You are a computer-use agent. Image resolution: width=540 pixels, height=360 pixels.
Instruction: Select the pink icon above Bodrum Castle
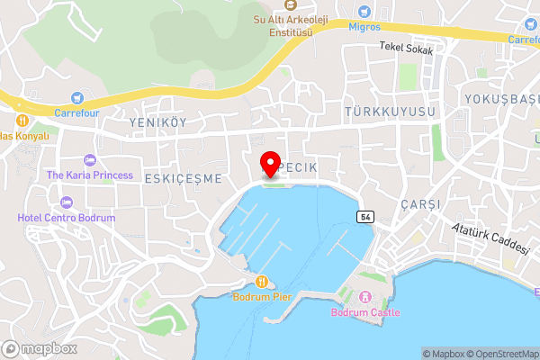(x=365, y=297)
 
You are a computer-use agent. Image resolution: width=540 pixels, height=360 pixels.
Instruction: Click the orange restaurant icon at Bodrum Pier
(x=261, y=280)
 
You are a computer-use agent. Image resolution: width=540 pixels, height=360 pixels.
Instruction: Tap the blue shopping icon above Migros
(x=364, y=12)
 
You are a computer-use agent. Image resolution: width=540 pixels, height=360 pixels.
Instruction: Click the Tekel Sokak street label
(x=406, y=49)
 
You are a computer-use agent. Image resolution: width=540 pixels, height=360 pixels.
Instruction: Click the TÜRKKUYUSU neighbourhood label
(x=389, y=111)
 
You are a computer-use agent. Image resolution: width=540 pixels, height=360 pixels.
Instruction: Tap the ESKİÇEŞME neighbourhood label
(x=183, y=178)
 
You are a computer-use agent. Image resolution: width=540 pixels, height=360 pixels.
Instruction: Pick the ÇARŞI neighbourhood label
(x=422, y=204)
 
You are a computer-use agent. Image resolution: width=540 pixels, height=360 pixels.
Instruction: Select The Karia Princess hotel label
(x=90, y=175)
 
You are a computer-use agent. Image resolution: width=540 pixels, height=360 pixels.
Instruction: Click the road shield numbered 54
(x=364, y=217)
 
